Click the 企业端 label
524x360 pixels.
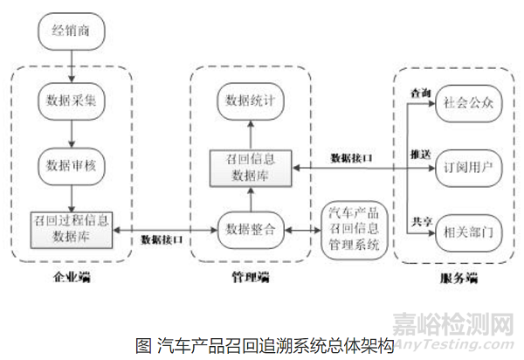[x=72, y=279]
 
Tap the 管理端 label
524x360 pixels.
[x=250, y=279]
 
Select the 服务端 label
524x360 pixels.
[x=457, y=279]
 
